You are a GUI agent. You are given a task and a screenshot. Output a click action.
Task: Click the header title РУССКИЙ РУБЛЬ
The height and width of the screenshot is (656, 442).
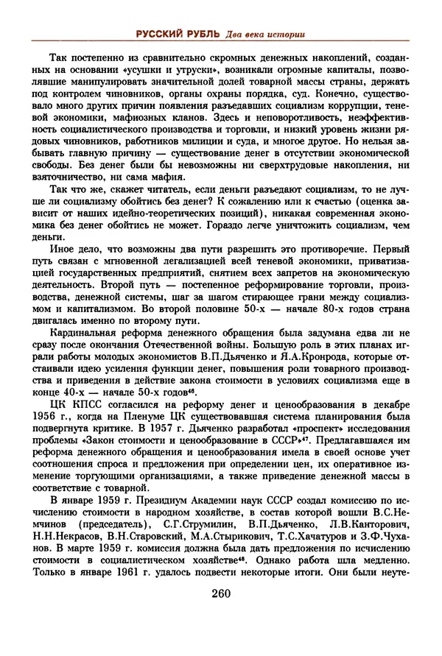(x=180, y=33)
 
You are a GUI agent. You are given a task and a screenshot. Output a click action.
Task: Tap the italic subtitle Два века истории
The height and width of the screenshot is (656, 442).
(x=263, y=33)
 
